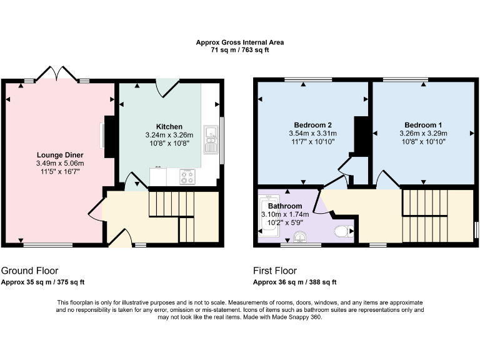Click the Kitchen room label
click(x=169, y=126)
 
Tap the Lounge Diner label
click(x=60, y=155)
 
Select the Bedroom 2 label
click(x=312, y=124)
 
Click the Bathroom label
click(x=284, y=206)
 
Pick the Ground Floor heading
click(x=29, y=271)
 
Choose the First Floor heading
click(x=275, y=271)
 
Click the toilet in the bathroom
click(x=342, y=232)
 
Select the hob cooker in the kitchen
click(x=187, y=177)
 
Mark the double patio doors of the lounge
click(x=57, y=74)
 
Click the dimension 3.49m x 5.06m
click(x=60, y=164)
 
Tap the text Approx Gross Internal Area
click(x=240, y=42)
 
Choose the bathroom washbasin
click(x=301, y=237)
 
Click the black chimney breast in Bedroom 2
click(x=359, y=135)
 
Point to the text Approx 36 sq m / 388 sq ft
click(x=294, y=282)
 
